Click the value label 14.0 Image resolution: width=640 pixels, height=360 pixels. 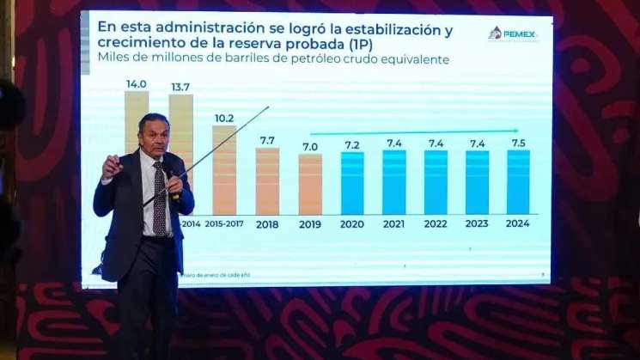136,83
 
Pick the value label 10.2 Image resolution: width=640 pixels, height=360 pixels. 224,118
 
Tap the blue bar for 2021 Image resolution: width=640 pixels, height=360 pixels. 394,182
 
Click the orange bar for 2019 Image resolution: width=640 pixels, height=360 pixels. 310,184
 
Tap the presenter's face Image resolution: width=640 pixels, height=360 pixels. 154,137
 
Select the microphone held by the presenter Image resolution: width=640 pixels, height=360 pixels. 173,183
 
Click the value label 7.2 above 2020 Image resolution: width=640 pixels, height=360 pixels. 352,145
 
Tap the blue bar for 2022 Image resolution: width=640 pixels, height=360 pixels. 436,182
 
